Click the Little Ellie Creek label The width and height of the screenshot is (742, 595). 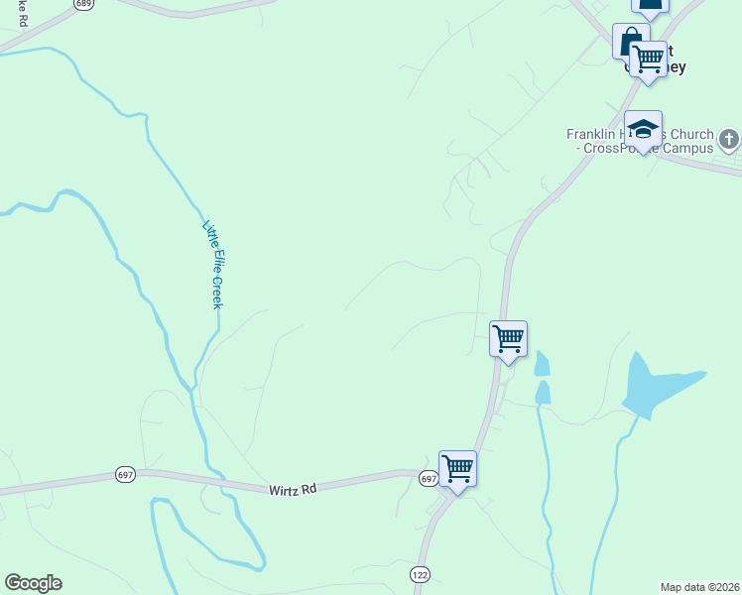click(212, 264)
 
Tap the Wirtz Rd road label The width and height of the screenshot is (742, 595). click(292, 489)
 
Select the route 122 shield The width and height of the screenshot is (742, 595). click(420, 574)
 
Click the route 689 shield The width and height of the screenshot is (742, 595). click(84, 4)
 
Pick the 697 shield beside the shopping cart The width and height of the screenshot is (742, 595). click(428, 479)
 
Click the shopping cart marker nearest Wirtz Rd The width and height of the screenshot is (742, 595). click(457, 467)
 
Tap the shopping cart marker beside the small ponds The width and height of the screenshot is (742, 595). click(508, 338)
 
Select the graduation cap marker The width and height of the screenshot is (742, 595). click(643, 129)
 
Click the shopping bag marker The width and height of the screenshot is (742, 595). click(629, 42)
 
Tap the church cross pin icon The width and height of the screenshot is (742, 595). click(729, 138)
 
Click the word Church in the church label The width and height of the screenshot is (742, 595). click(691, 134)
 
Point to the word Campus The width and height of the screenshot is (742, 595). click(690, 149)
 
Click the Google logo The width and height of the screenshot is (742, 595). click(33, 583)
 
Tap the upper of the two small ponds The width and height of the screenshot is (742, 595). click(541, 364)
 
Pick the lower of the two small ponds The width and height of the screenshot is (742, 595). click(543, 393)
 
